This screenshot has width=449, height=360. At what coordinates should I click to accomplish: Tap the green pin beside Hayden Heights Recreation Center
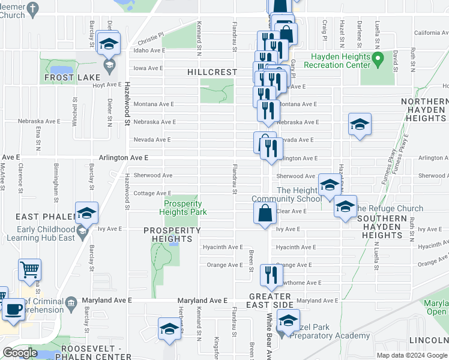point(378,59)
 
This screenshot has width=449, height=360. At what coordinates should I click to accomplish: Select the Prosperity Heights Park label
point(186,208)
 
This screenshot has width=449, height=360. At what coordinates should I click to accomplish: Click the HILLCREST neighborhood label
point(212,71)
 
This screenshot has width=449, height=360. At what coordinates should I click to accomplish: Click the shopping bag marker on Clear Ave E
point(265,213)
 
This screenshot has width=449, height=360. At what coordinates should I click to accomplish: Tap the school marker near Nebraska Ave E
point(360,125)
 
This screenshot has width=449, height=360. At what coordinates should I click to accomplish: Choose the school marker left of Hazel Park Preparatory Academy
point(169,329)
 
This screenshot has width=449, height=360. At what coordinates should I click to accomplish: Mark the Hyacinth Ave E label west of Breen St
point(223,247)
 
